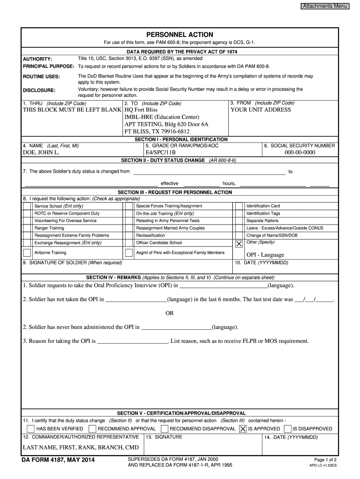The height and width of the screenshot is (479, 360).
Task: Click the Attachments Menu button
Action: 325,6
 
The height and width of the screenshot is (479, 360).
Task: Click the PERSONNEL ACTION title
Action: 180,35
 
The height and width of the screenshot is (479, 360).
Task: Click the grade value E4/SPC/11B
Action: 161,152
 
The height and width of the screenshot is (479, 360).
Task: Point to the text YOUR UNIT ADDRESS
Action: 260,110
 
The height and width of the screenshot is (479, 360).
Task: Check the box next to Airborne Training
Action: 27,253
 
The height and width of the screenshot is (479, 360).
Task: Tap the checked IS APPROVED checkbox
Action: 243,428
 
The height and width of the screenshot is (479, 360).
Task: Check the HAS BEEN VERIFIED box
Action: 31,428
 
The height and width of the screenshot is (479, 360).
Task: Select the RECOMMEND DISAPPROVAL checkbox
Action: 165,428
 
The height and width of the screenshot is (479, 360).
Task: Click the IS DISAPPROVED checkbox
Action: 287,428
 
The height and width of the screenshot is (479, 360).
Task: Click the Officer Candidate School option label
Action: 159,243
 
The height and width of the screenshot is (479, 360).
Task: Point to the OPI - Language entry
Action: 265,255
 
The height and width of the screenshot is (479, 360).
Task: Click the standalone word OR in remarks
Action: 170,313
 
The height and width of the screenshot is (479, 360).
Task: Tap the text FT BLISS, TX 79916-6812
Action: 157,131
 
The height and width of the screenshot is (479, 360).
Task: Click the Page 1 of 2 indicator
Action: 325,460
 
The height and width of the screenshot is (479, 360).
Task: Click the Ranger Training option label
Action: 50,228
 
